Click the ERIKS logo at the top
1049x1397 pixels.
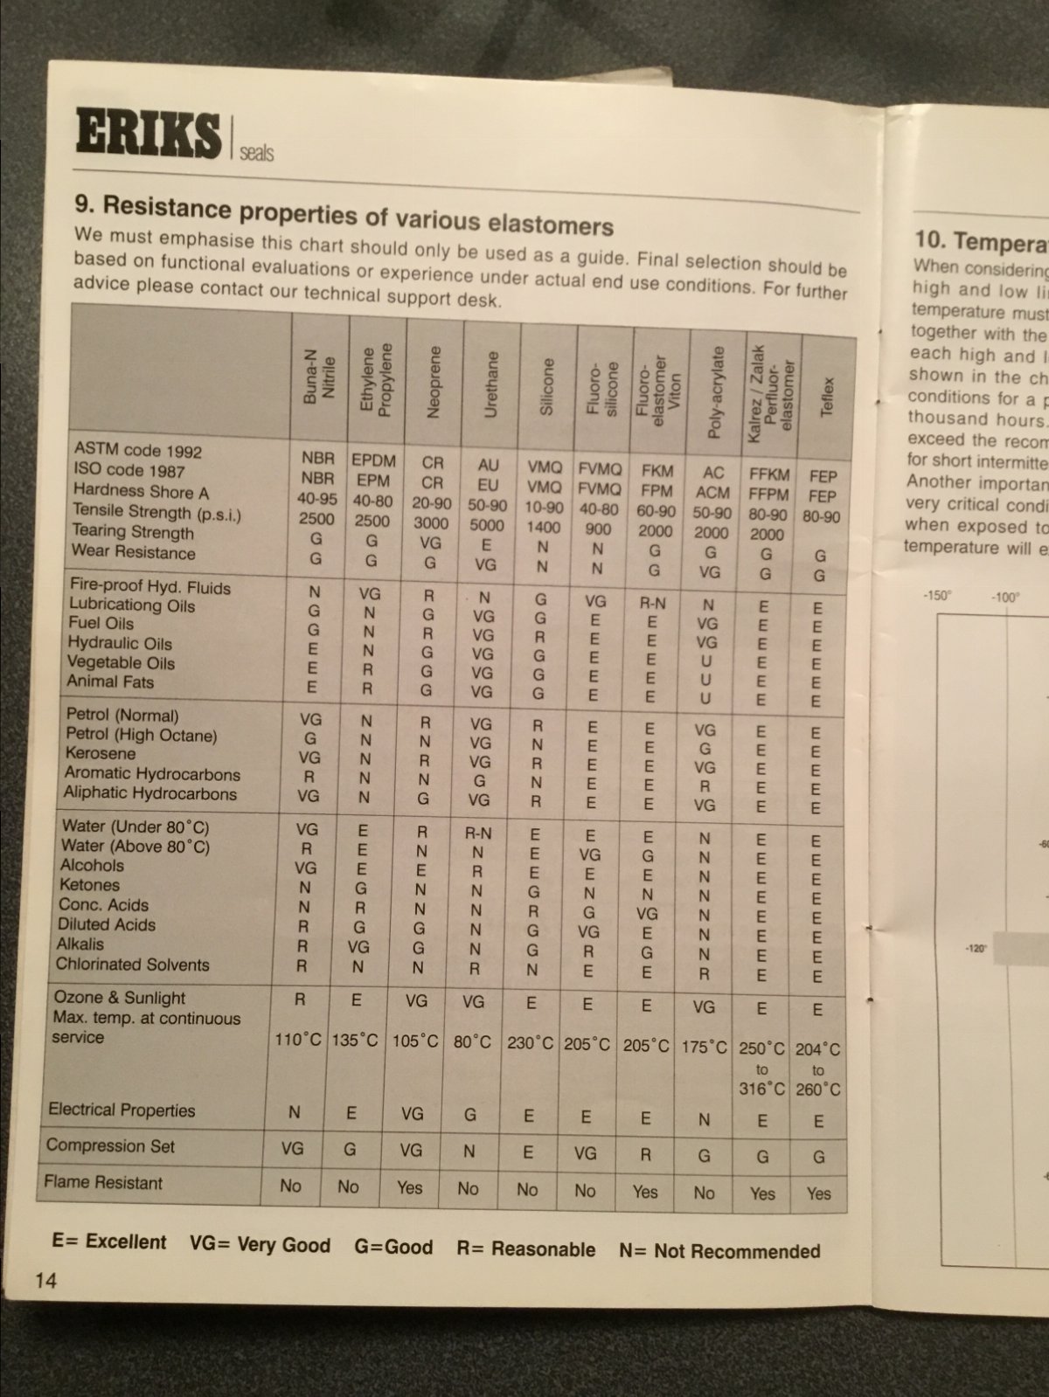[148, 133]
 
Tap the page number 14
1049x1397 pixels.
[45, 1280]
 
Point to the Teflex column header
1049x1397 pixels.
[828, 396]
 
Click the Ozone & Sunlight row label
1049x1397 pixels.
[120, 998]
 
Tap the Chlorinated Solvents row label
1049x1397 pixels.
[132, 965]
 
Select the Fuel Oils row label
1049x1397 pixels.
[101, 623]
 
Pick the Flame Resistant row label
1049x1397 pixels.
[103, 1183]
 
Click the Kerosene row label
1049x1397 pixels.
[101, 753]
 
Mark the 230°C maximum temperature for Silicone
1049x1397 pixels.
[530, 1043]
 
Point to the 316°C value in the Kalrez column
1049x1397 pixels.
[761, 1089]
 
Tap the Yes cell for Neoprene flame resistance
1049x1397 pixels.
[409, 1187]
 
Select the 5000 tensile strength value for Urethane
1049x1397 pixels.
[487, 524]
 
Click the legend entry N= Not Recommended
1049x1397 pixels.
[719, 1250]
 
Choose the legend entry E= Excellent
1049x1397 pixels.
[109, 1241]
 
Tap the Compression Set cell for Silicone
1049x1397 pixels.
[527, 1152]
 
